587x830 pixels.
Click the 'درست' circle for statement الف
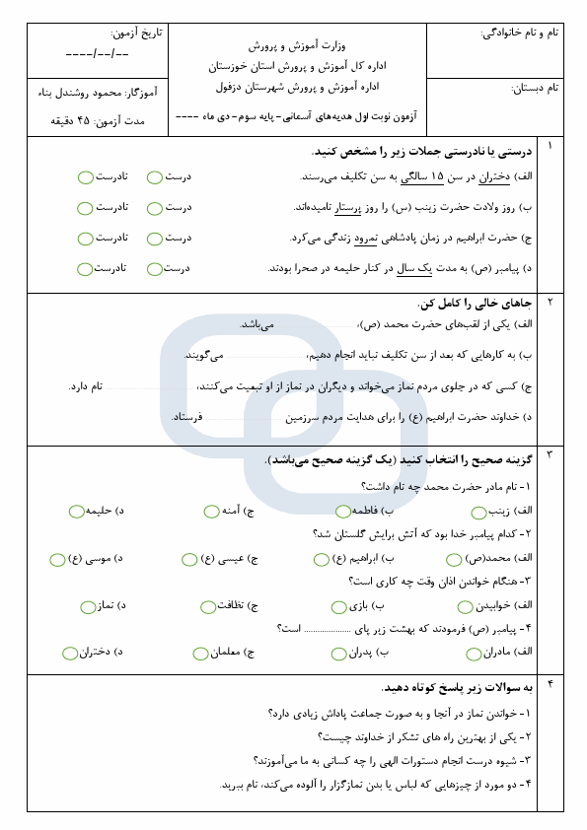[x=155, y=177]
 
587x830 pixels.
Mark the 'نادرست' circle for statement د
[x=86, y=268]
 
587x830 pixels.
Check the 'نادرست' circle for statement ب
[x=86, y=208]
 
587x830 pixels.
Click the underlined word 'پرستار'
[x=352, y=208]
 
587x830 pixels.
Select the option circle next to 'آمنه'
[x=211, y=511]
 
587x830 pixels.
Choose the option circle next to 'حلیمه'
[x=76, y=511]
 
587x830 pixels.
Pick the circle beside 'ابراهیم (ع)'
[x=322, y=559]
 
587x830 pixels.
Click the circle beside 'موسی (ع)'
[x=57, y=559]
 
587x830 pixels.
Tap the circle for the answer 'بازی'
[x=340, y=606]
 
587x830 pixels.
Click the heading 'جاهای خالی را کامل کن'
[x=476, y=303]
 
